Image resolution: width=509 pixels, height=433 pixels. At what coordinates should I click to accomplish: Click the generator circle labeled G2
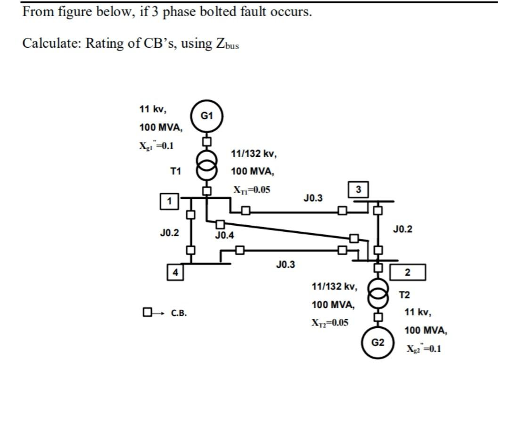pyautogui.click(x=378, y=342)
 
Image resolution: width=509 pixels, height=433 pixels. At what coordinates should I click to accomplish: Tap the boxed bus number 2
pyautogui.click(x=408, y=272)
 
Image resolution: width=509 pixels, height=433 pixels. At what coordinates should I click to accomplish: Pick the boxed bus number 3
pyautogui.click(x=359, y=189)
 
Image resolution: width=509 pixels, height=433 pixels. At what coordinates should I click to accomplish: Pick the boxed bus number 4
pyautogui.click(x=175, y=272)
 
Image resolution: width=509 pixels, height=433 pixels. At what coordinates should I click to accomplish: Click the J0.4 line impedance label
pyautogui.click(x=224, y=235)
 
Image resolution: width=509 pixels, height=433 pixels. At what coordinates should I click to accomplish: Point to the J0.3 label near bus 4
pyautogui.click(x=285, y=264)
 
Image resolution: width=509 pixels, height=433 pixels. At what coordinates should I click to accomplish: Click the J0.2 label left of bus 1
pyautogui.click(x=169, y=232)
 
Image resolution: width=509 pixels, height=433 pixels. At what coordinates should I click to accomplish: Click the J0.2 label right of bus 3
pyautogui.click(x=402, y=229)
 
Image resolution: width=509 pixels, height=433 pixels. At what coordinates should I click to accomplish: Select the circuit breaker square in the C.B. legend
pyautogui.click(x=147, y=312)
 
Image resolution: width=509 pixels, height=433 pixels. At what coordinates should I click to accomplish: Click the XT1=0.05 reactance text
pyautogui.click(x=252, y=190)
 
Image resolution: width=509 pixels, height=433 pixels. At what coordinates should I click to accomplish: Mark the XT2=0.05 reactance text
pyautogui.click(x=330, y=323)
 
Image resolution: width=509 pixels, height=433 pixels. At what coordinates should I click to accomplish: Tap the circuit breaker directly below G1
pyautogui.click(x=206, y=141)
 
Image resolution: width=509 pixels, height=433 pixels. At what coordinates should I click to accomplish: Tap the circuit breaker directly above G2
pyautogui.click(x=378, y=315)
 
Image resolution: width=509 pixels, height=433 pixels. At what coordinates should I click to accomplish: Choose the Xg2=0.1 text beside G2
pyautogui.click(x=424, y=349)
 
